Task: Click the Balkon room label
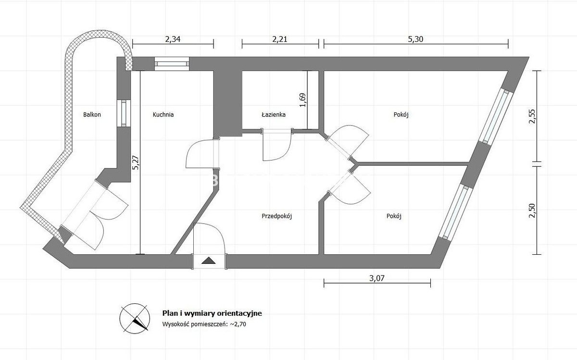coord(92,114)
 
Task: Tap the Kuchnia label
coord(163,114)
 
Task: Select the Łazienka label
coord(274,114)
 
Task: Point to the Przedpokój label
coord(276,216)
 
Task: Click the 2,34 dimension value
coord(173,39)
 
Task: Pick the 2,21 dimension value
coord(280,39)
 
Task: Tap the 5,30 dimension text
coord(416,39)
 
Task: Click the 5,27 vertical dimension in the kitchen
coord(136,162)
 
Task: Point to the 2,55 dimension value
coord(532,116)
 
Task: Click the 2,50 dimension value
coord(532,211)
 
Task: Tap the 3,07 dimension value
coord(377,278)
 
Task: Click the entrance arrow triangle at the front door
coord(208,261)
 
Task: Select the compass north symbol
coord(135,319)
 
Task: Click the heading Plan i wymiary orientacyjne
coord(212,313)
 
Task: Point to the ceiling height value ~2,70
coord(238,324)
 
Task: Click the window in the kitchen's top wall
coord(172,64)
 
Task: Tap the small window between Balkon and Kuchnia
coord(124,113)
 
